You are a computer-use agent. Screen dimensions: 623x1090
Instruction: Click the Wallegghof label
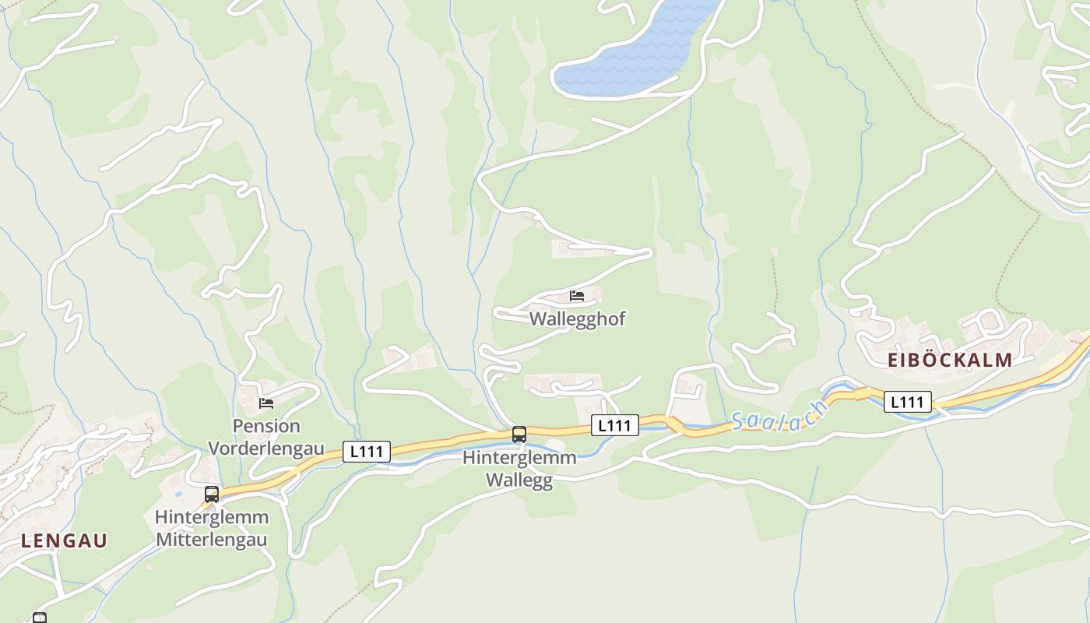pyautogui.click(x=578, y=319)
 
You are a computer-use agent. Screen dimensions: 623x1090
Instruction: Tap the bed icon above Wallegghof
pyautogui.click(x=577, y=296)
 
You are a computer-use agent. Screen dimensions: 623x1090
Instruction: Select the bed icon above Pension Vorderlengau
pyautogui.click(x=266, y=403)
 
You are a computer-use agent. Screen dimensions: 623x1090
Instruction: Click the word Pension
pyautogui.click(x=266, y=426)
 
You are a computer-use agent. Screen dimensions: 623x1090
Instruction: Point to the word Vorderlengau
pyautogui.click(x=266, y=448)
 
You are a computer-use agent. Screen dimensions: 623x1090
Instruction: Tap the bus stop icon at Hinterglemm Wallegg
pyautogui.click(x=519, y=435)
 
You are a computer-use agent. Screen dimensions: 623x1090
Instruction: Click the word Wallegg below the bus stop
pyautogui.click(x=519, y=479)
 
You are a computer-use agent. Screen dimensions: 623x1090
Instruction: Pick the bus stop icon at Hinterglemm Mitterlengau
pyautogui.click(x=211, y=494)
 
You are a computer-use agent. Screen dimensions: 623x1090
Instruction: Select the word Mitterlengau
pyautogui.click(x=212, y=539)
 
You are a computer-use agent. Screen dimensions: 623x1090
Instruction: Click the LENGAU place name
pyautogui.click(x=64, y=540)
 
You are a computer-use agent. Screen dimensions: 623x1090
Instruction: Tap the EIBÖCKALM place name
pyautogui.click(x=950, y=360)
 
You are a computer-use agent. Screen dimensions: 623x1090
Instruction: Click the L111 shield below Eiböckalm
pyautogui.click(x=908, y=402)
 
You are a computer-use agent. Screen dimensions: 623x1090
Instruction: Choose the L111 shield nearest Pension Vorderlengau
pyautogui.click(x=367, y=452)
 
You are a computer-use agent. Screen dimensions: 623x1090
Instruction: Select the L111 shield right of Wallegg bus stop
pyautogui.click(x=615, y=424)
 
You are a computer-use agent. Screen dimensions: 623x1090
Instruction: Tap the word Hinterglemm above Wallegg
pyautogui.click(x=519, y=458)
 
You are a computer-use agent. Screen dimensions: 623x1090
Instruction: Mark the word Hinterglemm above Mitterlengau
pyautogui.click(x=212, y=517)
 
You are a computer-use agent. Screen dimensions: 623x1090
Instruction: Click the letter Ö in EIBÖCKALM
pyautogui.click(x=929, y=360)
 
